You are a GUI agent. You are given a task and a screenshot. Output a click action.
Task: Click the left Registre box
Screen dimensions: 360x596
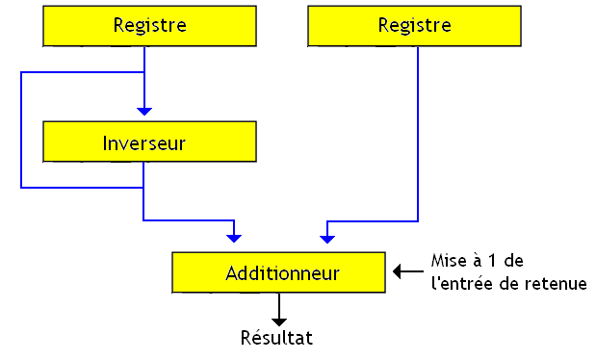click(149, 26)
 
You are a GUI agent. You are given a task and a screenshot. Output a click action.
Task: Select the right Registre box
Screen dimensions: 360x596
click(414, 26)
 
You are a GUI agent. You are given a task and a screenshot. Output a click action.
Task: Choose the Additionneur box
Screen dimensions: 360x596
click(281, 273)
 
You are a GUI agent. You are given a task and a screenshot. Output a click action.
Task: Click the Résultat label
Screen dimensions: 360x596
click(276, 338)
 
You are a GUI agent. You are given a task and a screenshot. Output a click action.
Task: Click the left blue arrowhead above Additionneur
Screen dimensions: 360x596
click(234, 236)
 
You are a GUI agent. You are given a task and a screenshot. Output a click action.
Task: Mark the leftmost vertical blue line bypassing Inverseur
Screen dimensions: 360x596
click(20, 130)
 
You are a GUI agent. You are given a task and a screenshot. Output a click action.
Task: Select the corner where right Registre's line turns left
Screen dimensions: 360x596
click(418, 220)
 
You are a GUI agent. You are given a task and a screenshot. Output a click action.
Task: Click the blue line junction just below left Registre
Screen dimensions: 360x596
click(143, 72)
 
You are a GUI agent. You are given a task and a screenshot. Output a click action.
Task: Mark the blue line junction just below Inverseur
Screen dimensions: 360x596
click(143, 187)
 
